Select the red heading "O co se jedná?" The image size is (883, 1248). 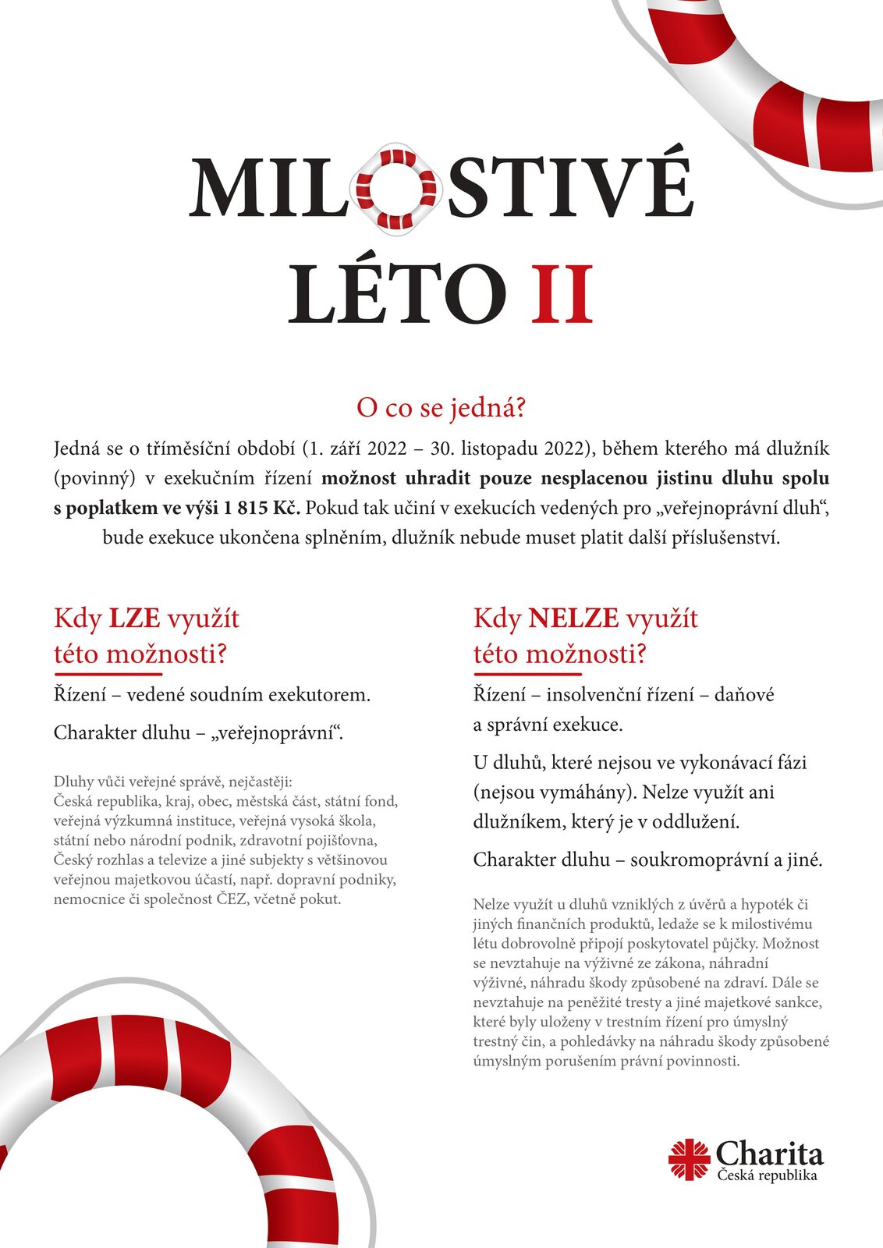click(441, 407)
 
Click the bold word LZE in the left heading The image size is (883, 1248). click(134, 619)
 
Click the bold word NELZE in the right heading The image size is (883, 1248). click(573, 619)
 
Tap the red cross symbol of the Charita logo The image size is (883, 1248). click(689, 1159)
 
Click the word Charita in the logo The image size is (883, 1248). click(769, 1154)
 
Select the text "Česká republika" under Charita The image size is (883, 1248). click(768, 1175)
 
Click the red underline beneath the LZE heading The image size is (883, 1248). click(108, 673)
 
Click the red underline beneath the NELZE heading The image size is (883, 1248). click(527, 673)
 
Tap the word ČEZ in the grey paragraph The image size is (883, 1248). click(232, 899)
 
